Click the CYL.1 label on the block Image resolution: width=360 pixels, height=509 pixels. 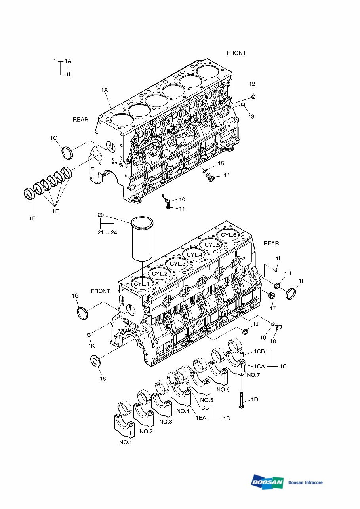click(x=141, y=284)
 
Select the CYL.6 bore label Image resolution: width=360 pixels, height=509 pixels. click(x=229, y=235)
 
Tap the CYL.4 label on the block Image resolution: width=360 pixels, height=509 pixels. click(x=194, y=255)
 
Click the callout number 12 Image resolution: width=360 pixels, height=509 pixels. click(x=252, y=84)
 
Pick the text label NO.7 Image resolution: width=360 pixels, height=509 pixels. click(x=253, y=375)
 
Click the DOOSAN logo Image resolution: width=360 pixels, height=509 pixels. click(x=267, y=482)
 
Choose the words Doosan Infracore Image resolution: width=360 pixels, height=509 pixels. click(x=305, y=482)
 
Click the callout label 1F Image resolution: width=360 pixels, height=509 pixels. click(x=32, y=218)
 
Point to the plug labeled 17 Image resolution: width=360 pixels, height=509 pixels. click(x=272, y=296)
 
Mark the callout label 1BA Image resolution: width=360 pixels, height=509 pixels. click(x=201, y=418)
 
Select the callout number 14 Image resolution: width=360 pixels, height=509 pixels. click(x=227, y=175)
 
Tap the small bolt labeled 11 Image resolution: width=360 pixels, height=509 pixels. click(x=168, y=207)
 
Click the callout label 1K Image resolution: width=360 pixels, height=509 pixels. click(x=91, y=346)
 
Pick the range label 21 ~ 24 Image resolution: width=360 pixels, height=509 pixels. click(x=107, y=232)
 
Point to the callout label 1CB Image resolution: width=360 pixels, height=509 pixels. click(x=259, y=351)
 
